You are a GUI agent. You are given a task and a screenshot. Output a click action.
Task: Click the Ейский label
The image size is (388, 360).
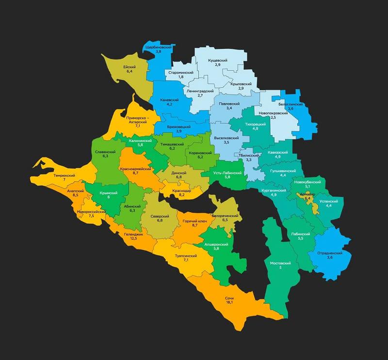click(x=129, y=66)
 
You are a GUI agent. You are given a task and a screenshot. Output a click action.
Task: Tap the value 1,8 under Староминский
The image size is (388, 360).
click(x=181, y=77)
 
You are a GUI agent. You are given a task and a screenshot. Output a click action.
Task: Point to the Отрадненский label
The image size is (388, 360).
click(x=330, y=253)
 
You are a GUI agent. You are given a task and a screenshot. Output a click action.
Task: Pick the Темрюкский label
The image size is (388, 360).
click(x=64, y=175)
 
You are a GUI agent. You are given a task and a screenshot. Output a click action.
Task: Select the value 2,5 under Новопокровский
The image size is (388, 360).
click(x=273, y=117)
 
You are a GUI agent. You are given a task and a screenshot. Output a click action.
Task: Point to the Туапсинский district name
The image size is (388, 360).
click(x=185, y=255)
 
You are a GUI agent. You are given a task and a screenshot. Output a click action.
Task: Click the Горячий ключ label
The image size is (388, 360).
click(x=194, y=220)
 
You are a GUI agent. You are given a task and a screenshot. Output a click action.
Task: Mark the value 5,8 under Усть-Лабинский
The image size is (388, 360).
click(x=227, y=177)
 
